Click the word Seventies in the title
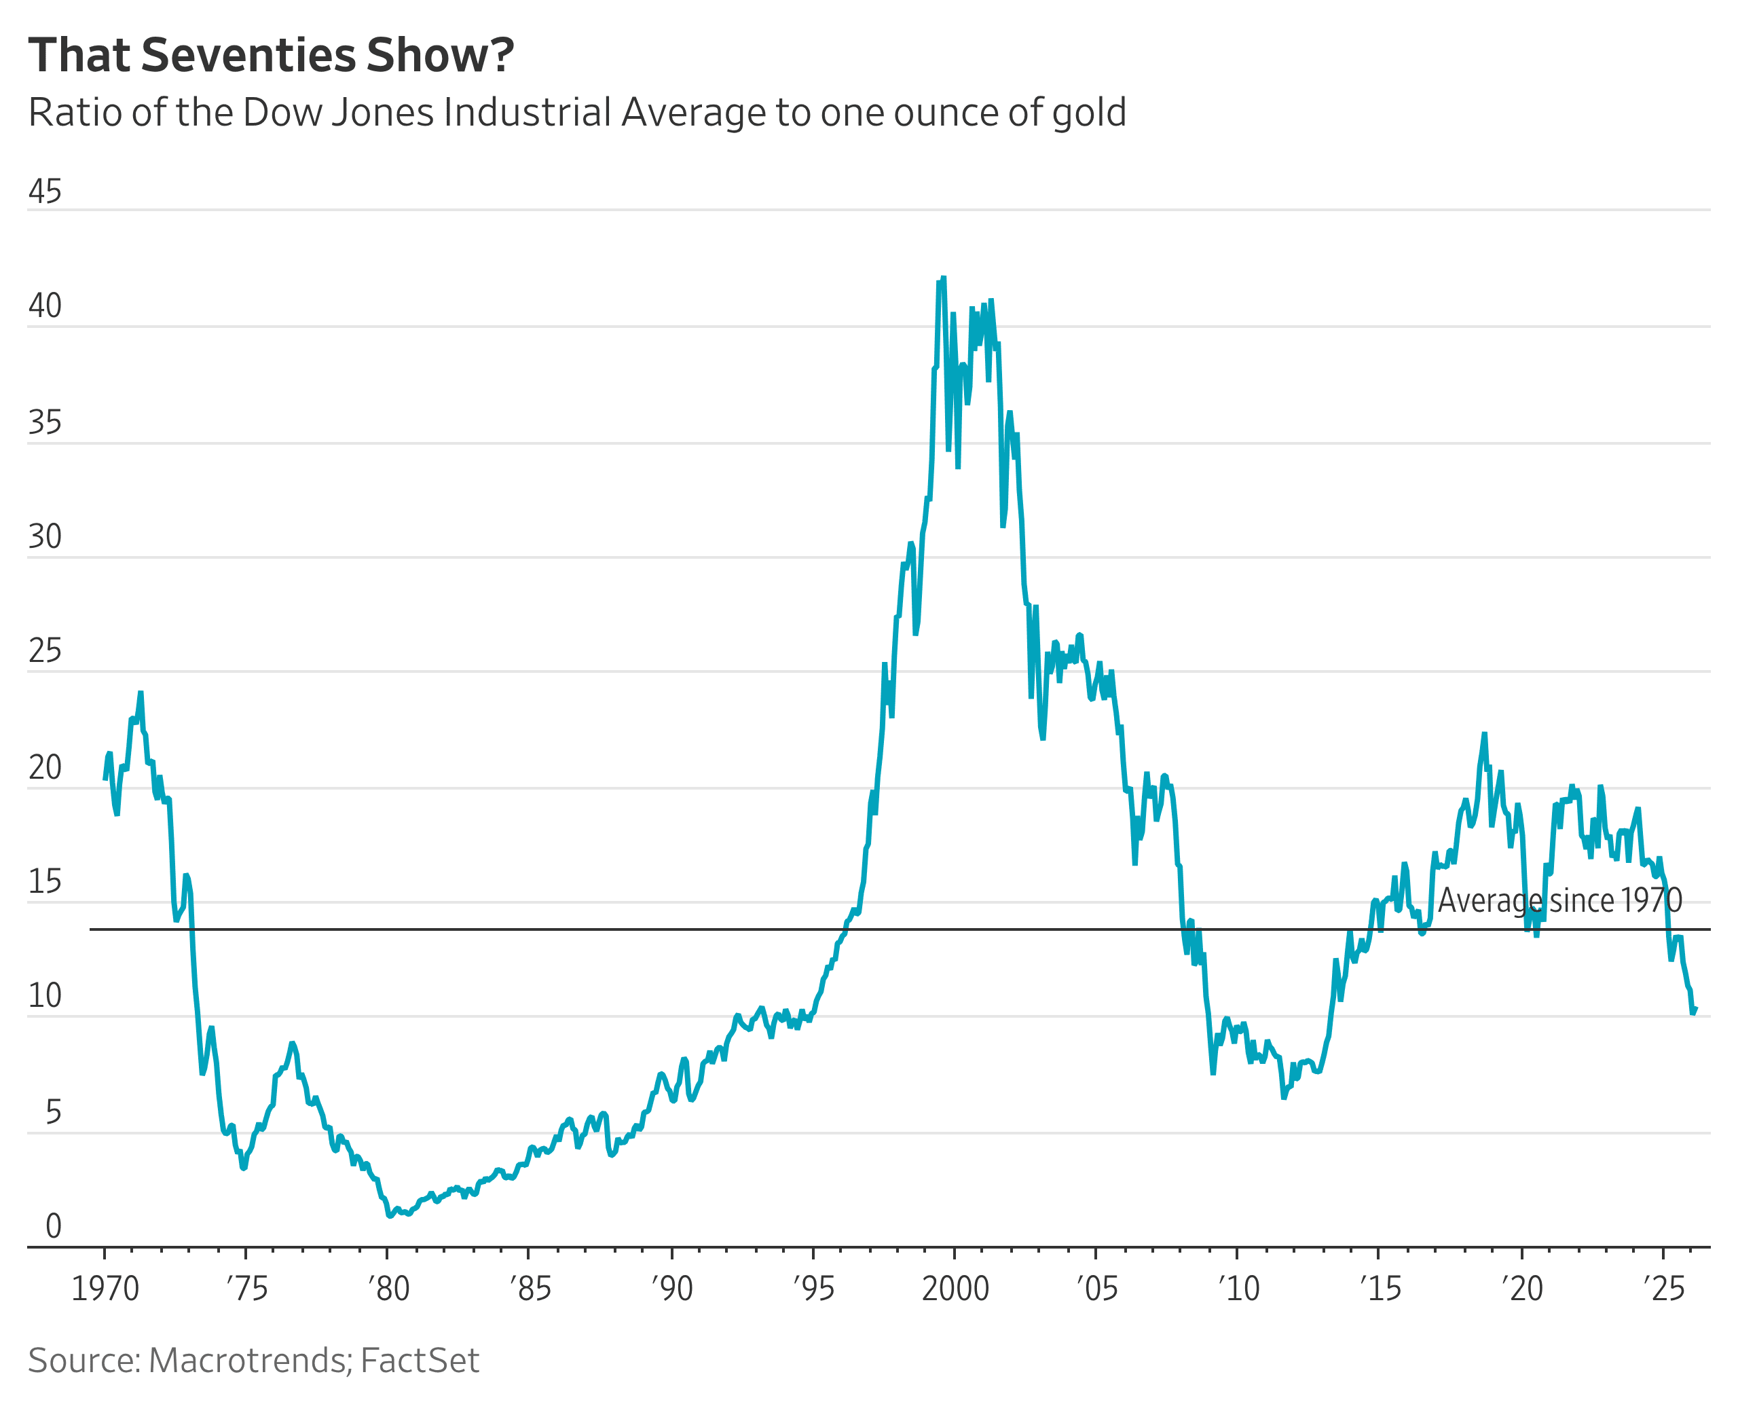coord(248,56)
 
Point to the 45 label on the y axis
coord(44,192)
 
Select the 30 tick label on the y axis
coord(44,537)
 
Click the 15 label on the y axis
coord(44,883)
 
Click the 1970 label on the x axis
coord(105,1288)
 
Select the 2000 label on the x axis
coord(955,1288)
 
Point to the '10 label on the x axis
coord(1239,1288)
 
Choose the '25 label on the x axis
coord(1665,1288)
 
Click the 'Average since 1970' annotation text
coord(1559,900)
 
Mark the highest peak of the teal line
coord(943,278)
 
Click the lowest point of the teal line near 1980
coord(390,1215)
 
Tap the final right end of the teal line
coord(1695,1009)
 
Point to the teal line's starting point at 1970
coord(105,779)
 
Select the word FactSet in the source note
coord(420,1361)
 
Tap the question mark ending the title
coord(501,56)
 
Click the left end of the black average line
coord(90,929)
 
